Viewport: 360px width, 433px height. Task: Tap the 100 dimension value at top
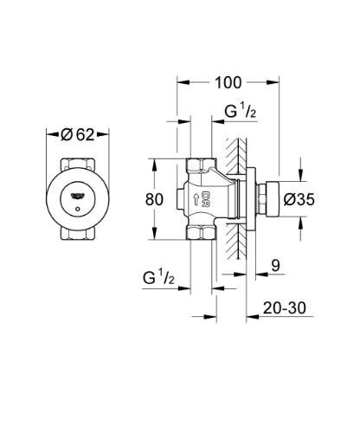(x=228, y=83)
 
